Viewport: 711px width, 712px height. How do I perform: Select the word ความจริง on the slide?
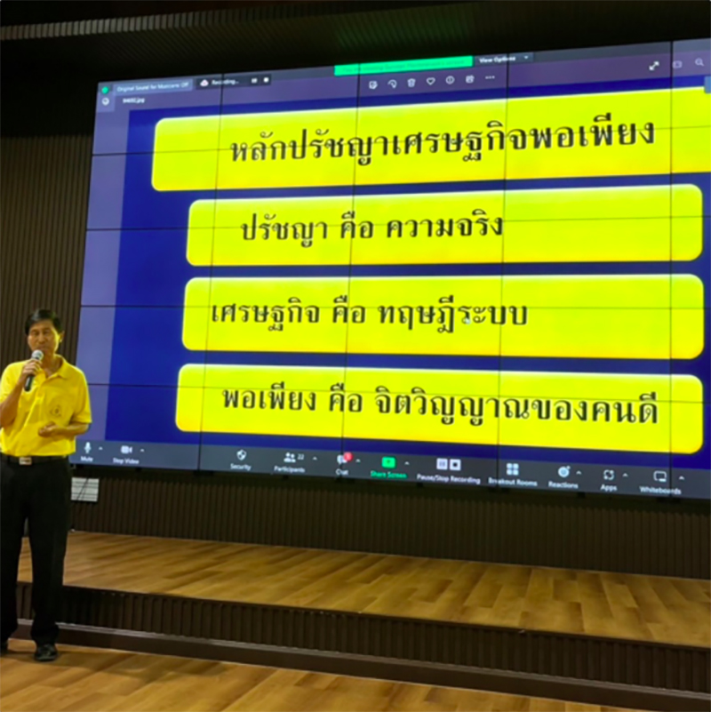point(443,227)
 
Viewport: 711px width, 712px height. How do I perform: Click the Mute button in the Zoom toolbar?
point(87,452)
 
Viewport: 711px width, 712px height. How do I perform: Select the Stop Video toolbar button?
point(125,454)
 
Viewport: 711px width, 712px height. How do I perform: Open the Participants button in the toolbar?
point(290,460)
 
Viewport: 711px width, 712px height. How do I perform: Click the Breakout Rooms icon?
point(512,473)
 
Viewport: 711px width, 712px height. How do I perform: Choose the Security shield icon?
point(241,458)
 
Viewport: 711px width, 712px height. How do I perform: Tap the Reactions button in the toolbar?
point(563,476)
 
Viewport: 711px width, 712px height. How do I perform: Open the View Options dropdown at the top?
point(503,59)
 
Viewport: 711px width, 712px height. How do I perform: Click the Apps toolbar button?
point(609,478)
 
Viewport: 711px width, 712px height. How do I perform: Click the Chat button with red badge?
point(342,462)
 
